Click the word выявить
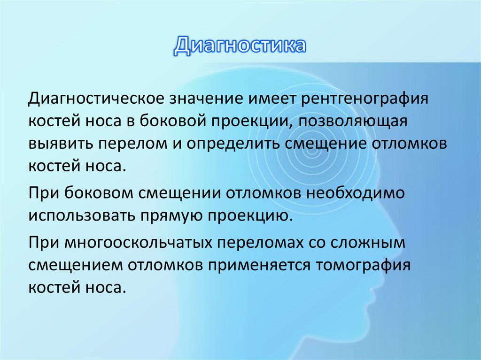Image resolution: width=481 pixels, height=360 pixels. point(60,143)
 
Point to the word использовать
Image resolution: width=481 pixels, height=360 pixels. point(79,215)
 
